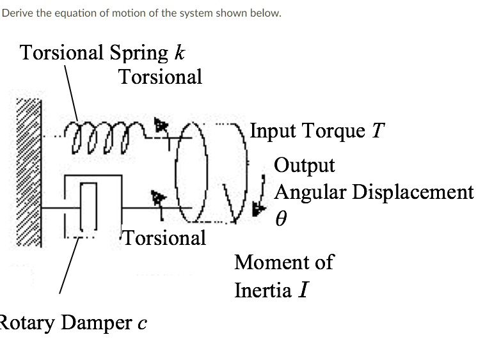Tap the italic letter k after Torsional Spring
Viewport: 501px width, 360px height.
click(x=180, y=52)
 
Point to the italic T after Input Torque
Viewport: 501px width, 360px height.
click(x=378, y=131)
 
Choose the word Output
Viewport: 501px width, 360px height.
click(x=305, y=166)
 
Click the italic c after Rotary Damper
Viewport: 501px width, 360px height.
click(x=142, y=323)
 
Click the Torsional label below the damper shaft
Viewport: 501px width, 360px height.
click(x=164, y=238)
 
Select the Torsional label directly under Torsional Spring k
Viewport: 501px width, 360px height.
click(x=160, y=77)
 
